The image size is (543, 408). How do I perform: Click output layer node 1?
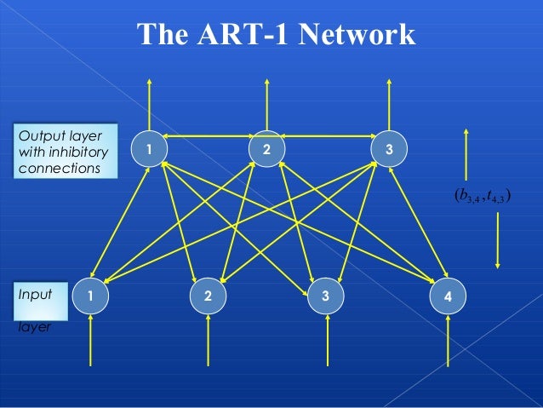pyautogui.click(x=149, y=149)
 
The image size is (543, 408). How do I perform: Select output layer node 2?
pyautogui.click(x=267, y=149)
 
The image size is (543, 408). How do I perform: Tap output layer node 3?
pyautogui.click(x=389, y=149)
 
